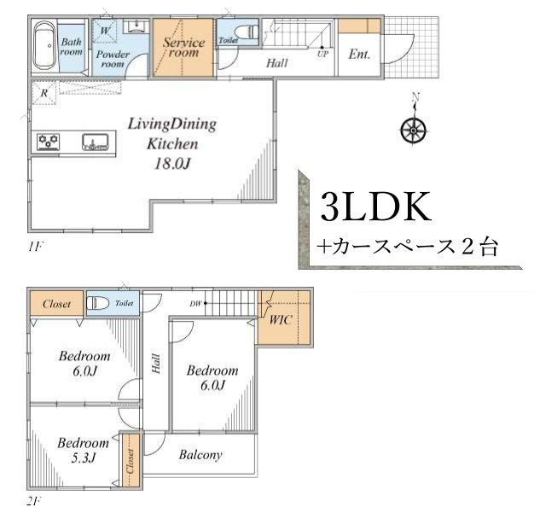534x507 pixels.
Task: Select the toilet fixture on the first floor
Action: click(247, 32)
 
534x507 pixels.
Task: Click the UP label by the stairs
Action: click(322, 53)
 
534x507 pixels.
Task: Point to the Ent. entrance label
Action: click(359, 54)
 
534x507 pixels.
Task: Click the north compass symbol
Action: click(414, 129)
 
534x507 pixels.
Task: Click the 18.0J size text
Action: click(171, 164)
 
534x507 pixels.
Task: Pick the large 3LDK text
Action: click(375, 207)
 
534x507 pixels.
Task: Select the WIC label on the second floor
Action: click(281, 322)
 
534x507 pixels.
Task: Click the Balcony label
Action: click(200, 455)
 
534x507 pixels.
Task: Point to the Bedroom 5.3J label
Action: click(83, 450)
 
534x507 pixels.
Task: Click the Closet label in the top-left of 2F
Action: click(56, 303)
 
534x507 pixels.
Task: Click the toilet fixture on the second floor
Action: click(98, 302)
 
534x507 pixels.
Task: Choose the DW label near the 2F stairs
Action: click(195, 302)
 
